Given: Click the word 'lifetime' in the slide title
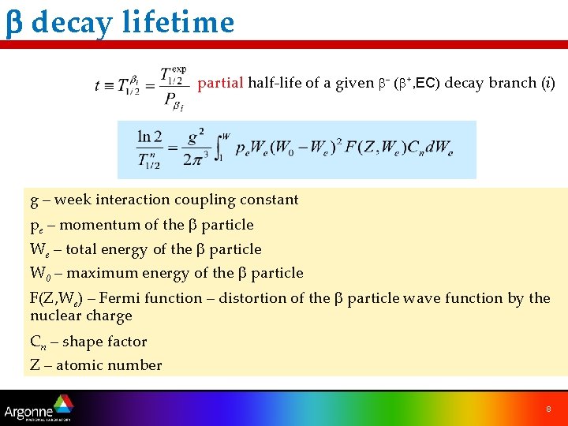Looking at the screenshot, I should (x=178, y=22).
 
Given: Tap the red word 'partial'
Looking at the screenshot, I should (x=220, y=83).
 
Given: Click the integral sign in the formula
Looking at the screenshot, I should (x=219, y=148).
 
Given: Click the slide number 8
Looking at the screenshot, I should (x=547, y=409).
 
